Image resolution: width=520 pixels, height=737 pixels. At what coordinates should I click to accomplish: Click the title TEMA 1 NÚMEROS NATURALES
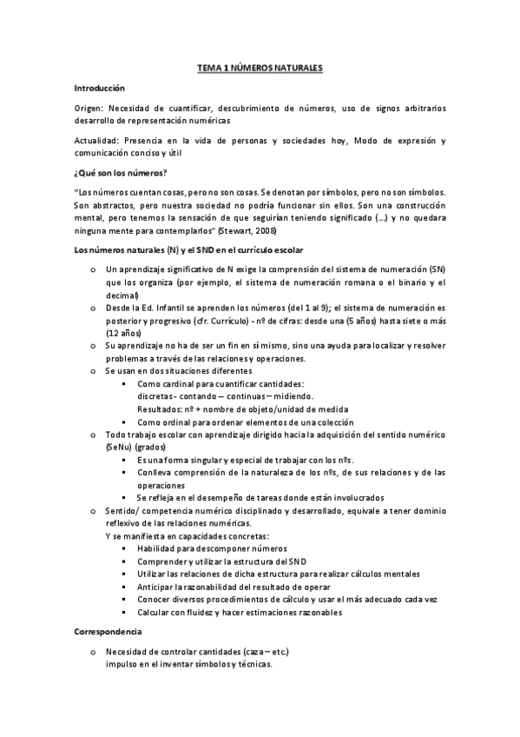[260, 66]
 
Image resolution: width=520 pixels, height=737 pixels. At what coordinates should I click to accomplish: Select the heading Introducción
[100, 88]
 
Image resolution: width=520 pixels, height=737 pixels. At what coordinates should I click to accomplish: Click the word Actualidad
[95, 140]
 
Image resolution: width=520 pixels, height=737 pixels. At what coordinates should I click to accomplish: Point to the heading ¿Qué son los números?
[121, 172]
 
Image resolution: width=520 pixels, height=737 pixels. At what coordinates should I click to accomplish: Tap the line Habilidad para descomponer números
[212, 549]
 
